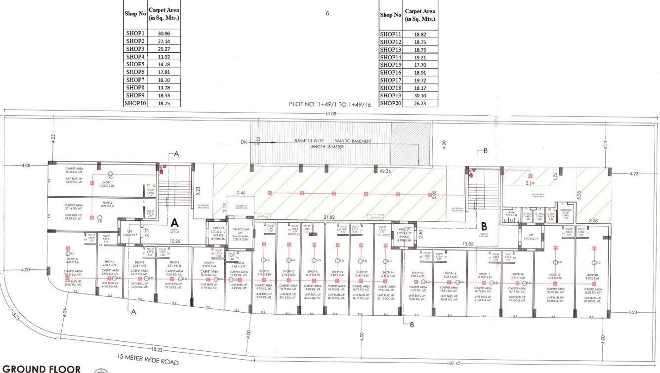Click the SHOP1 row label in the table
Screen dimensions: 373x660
135,33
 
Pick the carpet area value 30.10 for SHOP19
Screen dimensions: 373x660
420,95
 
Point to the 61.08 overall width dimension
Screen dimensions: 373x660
330,114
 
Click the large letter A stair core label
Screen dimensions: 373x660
174,223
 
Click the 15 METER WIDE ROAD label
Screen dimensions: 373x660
148,359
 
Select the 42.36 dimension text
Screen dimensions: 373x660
385,171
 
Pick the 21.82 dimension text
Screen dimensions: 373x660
330,217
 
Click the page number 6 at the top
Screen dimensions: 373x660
328,14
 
